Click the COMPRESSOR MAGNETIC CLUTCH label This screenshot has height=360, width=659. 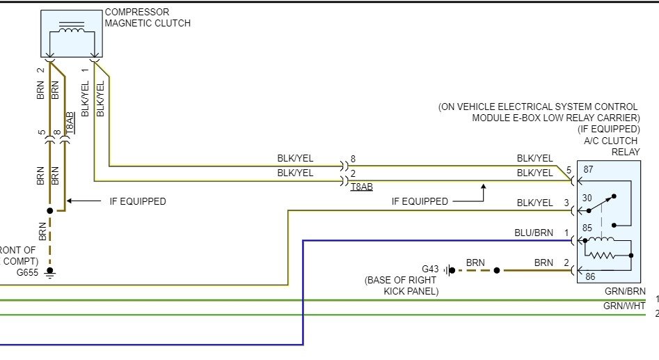147,18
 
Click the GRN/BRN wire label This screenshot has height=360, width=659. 625,292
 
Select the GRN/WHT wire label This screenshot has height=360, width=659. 625,306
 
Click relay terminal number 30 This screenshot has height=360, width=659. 587,198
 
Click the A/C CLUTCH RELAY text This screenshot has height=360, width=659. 615,146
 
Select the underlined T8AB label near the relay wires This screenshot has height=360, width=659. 362,187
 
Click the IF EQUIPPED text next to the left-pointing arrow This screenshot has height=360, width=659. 138,201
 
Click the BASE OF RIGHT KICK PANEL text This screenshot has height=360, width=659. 402,285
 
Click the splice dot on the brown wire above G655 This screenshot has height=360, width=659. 49,210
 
